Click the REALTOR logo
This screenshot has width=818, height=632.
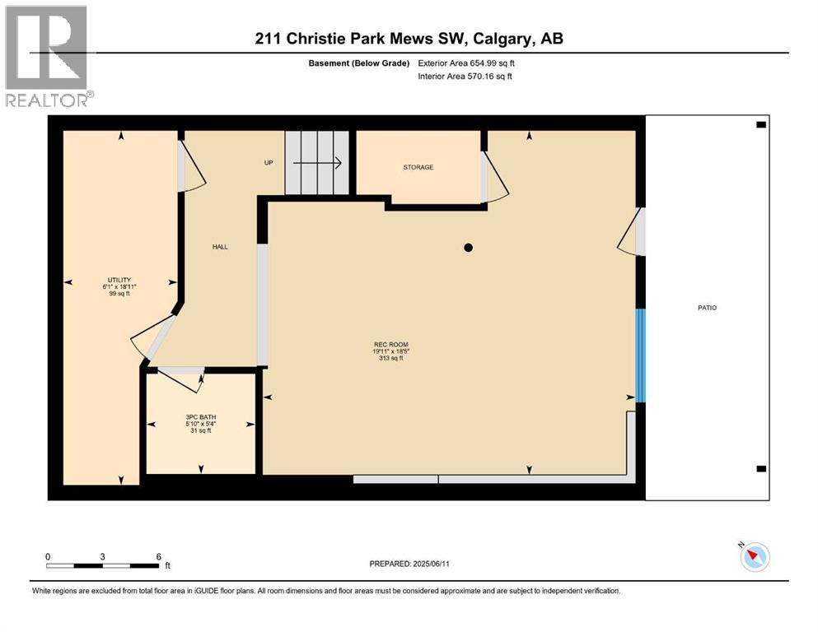[48, 56]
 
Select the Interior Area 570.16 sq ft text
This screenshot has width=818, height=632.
[466, 76]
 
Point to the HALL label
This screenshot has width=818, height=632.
[220, 246]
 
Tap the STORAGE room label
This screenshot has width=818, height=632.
[418, 167]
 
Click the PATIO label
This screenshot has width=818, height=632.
[707, 308]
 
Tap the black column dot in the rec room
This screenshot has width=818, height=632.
[468, 247]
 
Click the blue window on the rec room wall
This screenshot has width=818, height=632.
[640, 355]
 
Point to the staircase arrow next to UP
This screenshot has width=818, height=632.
[317, 163]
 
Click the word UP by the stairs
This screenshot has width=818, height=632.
[269, 163]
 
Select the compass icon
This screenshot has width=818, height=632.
[755, 557]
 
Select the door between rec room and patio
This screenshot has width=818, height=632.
[633, 232]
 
